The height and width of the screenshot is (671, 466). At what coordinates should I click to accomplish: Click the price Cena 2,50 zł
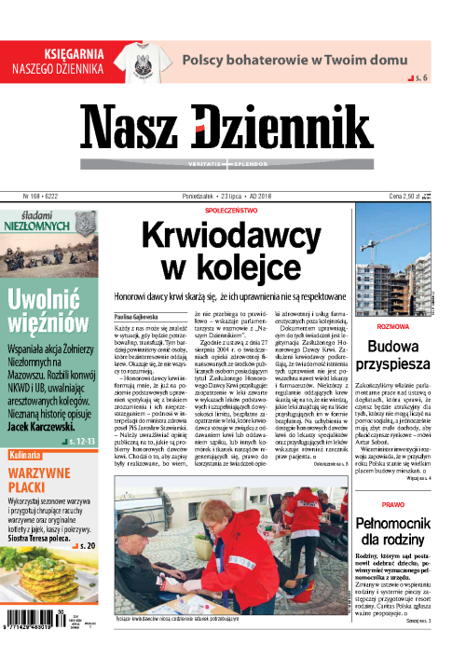(407, 198)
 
